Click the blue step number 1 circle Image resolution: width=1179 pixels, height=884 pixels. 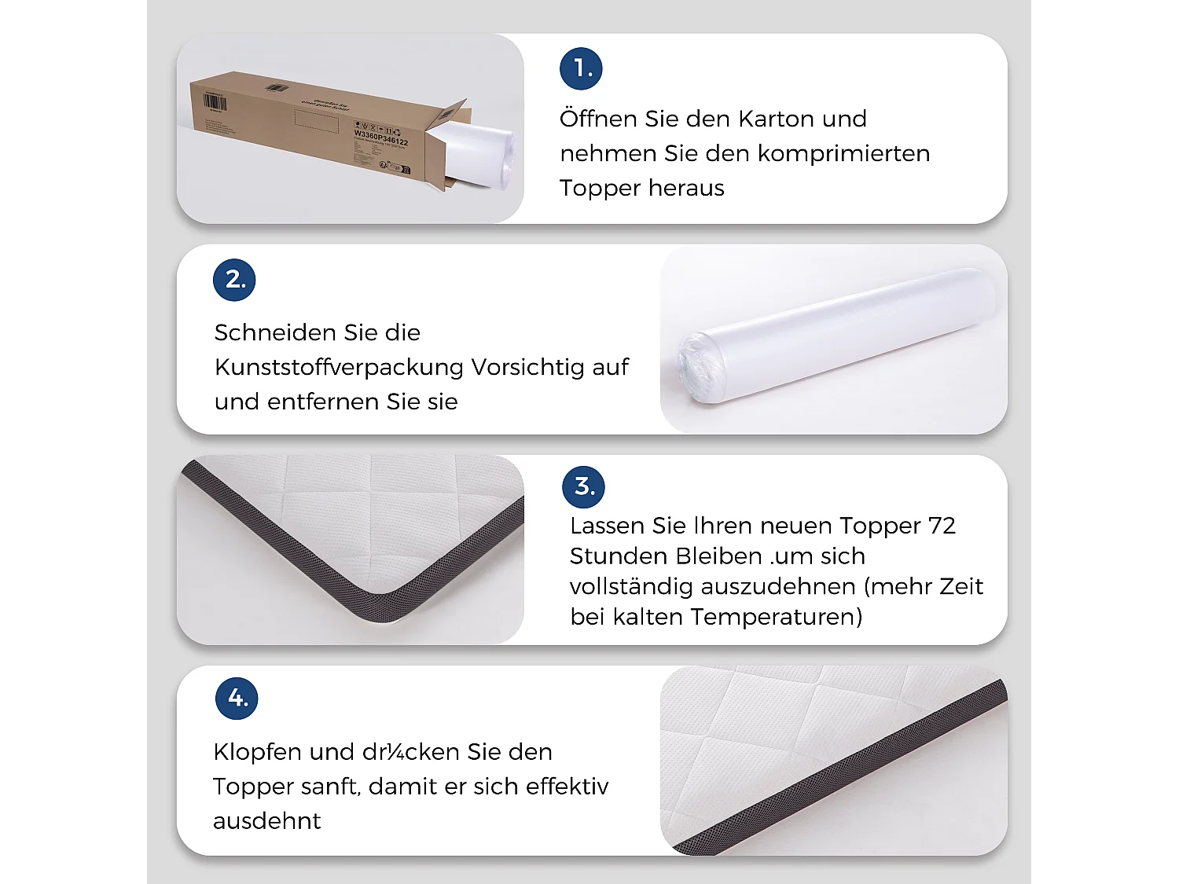click(x=581, y=68)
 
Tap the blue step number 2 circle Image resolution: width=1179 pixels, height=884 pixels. click(x=234, y=280)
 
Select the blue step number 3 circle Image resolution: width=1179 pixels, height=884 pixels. click(x=584, y=486)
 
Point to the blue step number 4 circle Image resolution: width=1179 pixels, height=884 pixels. click(x=237, y=698)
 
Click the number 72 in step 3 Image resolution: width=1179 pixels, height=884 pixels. click(x=942, y=526)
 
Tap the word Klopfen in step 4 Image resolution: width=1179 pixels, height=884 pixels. click(x=257, y=753)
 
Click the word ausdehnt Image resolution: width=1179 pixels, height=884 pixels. click(x=267, y=821)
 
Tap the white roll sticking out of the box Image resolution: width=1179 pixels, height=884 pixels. click(x=479, y=153)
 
